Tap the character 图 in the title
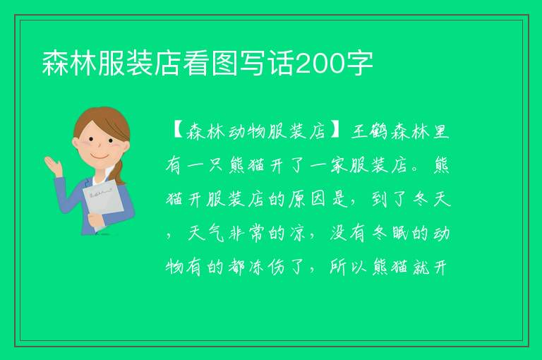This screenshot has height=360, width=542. (224, 63)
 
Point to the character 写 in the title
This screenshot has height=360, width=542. (253, 63)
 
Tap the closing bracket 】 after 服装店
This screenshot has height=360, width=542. (335, 131)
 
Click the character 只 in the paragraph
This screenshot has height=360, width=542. (217, 165)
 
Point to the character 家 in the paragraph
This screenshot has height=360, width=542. (339, 165)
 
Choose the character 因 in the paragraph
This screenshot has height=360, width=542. (318, 199)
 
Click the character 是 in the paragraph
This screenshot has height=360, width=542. (339, 199)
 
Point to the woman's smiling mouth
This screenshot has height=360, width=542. (100, 157)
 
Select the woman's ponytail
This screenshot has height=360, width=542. (120, 172)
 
